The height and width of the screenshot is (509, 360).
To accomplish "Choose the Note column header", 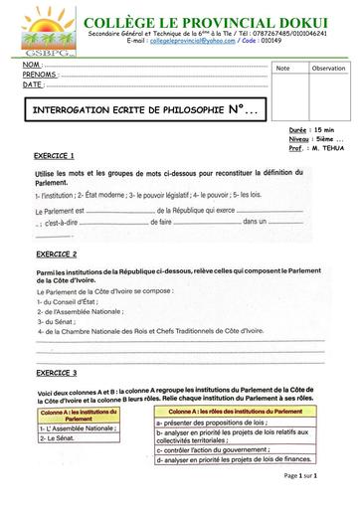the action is click(x=282, y=68).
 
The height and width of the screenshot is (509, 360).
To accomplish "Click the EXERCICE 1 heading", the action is click(x=55, y=156).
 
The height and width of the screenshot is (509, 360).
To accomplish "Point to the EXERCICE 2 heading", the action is click(x=55, y=254).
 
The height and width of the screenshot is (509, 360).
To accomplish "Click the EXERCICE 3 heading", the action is click(x=55, y=372).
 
